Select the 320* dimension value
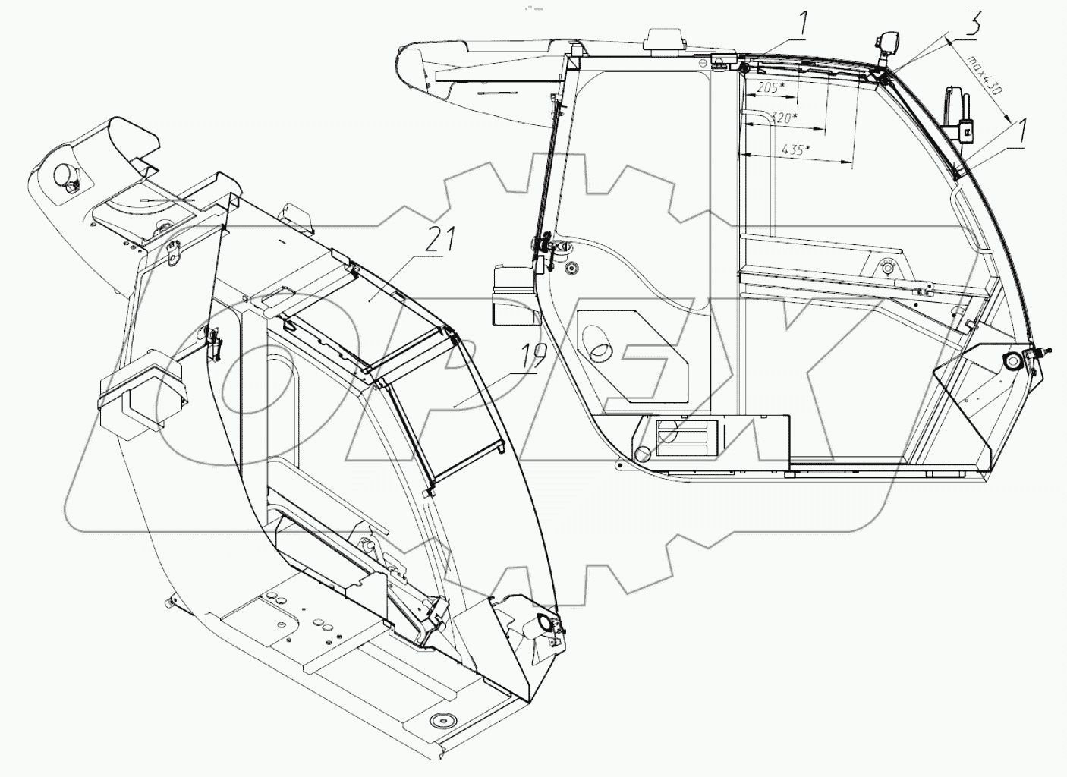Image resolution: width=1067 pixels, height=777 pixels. click(x=782, y=118)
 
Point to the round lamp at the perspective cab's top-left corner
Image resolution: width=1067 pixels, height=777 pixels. click(x=66, y=176)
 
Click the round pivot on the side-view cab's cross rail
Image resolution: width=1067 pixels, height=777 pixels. click(x=886, y=266)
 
